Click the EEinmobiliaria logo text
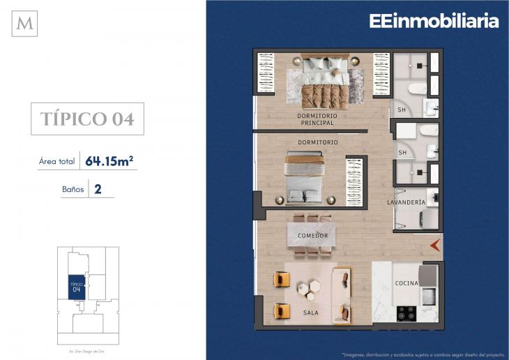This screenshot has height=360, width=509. [434, 21]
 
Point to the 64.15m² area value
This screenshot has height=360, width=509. [109, 161]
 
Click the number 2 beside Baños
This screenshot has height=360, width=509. [98, 188]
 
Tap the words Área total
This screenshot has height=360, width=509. [56, 162]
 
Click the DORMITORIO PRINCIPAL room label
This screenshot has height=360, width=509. [317, 119]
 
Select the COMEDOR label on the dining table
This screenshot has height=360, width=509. [312, 236]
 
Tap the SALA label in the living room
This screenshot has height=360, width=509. [311, 313]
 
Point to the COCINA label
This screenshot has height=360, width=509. [407, 283]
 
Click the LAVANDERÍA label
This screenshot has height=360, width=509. [406, 202]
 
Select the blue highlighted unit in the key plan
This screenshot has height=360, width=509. [76, 287]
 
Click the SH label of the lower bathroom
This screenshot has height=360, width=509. [402, 153]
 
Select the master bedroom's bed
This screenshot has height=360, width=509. [324, 82]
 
